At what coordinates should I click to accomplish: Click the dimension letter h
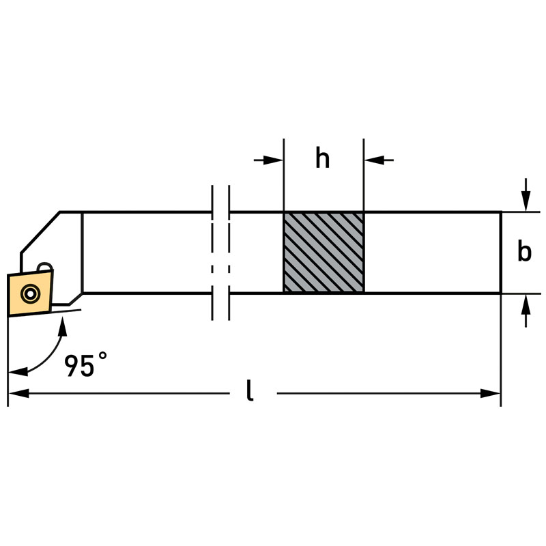322,158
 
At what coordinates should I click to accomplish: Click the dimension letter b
524,250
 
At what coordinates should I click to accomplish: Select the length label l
249,390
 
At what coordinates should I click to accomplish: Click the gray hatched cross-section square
324,253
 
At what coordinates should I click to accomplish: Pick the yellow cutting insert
30,293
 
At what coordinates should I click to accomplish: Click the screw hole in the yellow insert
30,294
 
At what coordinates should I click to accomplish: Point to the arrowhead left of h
273,160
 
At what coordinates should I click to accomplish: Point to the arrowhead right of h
374,160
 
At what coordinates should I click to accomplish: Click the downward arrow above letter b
526,195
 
